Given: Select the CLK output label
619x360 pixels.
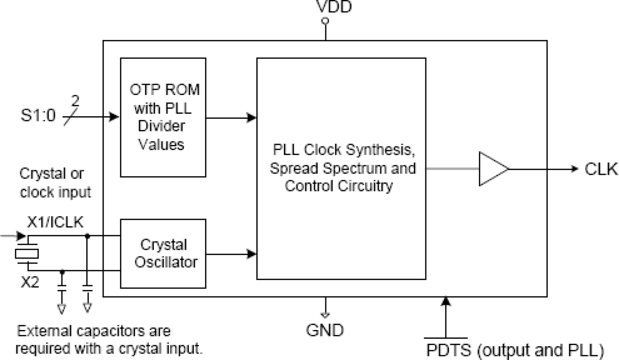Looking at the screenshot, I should point(601,169).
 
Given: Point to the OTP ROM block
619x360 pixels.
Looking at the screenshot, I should point(163,117).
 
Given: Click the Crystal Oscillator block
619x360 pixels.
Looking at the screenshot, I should point(163,254).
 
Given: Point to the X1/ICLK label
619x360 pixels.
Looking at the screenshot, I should point(55,223).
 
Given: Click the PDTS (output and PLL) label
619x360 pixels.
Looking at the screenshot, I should point(515,351).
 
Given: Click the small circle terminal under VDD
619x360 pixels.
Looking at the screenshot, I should point(325,21).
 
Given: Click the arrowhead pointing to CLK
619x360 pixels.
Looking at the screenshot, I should point(573,169).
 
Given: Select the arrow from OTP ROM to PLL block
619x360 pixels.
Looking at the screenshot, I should point(232,117).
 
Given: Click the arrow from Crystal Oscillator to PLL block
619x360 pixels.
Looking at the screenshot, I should point(232,254).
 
